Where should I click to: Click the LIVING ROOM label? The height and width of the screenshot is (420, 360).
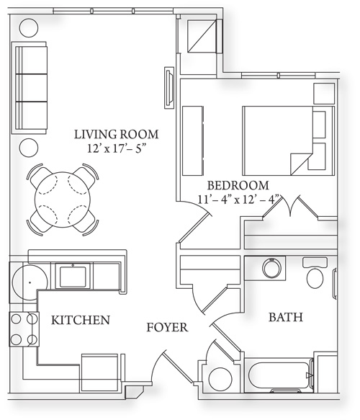[116, 134]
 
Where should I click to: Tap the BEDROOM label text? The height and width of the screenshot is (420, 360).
[238, 185]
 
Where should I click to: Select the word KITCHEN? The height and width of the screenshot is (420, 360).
[81, 320]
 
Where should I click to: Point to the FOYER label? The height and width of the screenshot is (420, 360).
[167, 327]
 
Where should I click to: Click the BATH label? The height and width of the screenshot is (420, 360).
[286, 317]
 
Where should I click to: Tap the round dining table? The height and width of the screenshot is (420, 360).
[63, 200]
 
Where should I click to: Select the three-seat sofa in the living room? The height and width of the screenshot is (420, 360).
[29, 87]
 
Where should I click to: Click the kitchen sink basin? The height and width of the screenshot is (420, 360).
[73, 276]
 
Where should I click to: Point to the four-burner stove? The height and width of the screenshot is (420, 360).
[24, 329]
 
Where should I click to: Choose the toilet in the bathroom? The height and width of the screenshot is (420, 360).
[315, 272]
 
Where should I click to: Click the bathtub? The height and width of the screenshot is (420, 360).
[279, 375]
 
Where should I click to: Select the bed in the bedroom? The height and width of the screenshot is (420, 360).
[289, 141]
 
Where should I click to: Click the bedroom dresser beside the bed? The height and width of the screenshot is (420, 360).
[192, 141]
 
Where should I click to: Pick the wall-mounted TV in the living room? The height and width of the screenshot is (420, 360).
[169, 88]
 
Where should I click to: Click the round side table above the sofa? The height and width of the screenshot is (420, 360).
[29, 27]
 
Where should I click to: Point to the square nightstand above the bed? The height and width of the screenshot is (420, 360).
[324, 94]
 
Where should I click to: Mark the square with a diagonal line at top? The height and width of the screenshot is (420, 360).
[202, 36]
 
